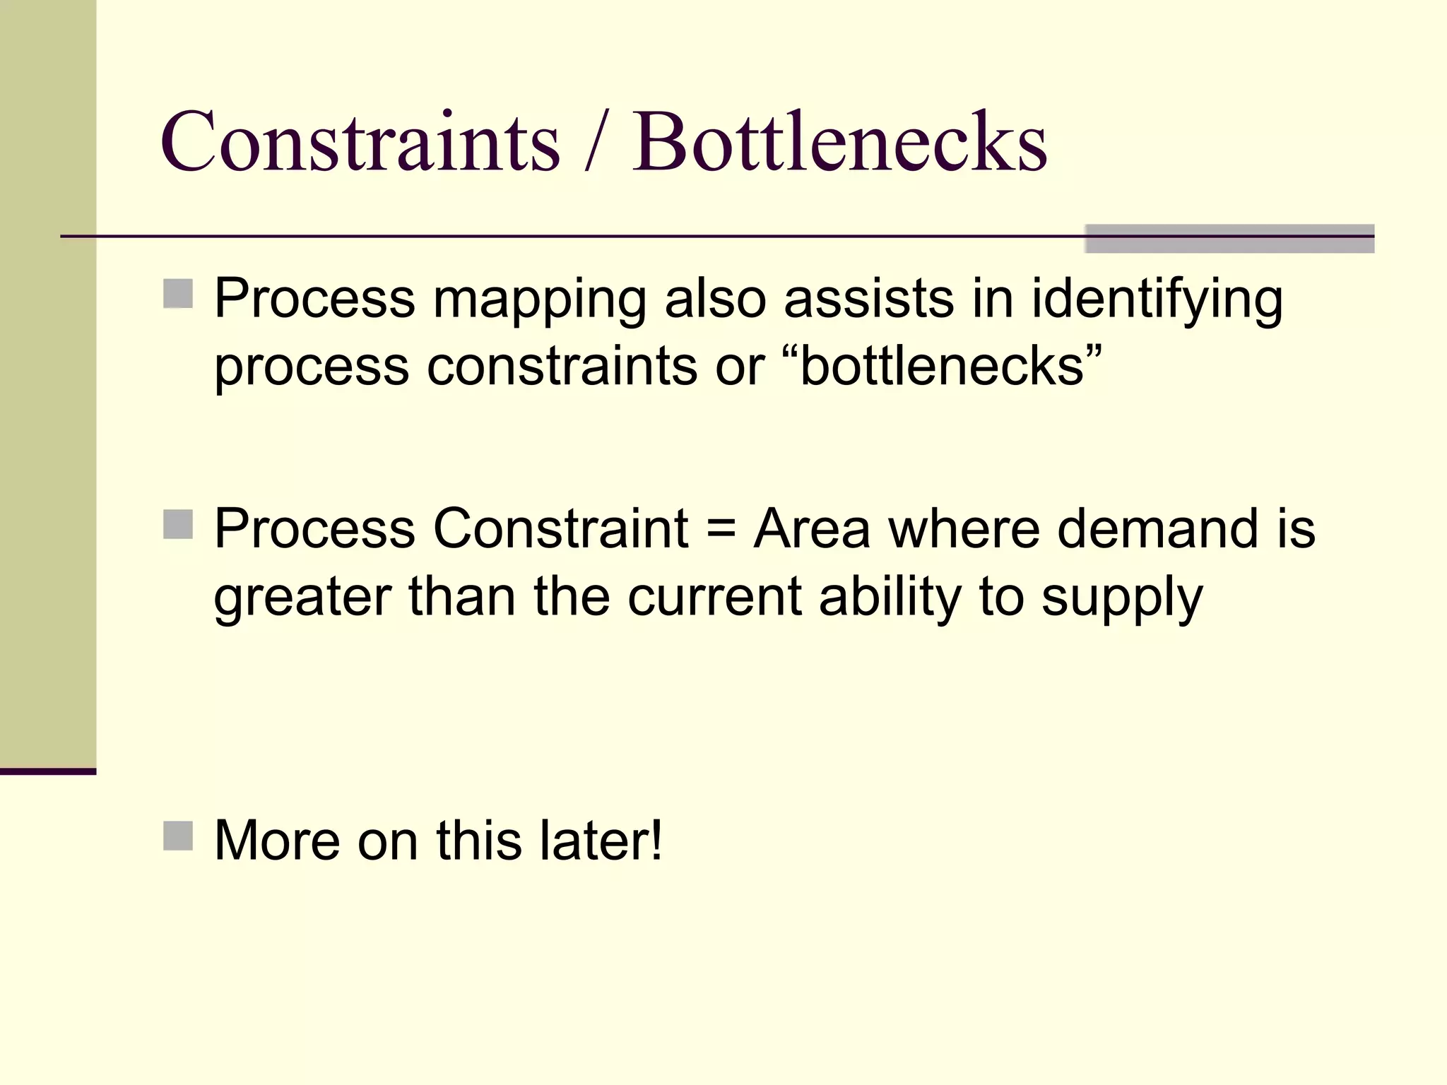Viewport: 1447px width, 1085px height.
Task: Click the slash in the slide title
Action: tap(596, 143)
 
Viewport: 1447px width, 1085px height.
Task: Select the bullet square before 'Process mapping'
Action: tap(178, 294)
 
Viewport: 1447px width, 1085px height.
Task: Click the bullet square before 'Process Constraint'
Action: tap(178, 524)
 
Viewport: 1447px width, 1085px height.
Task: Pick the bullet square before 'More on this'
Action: tap(178, 836)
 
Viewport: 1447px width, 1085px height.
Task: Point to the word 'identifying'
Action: tap(1157, 300)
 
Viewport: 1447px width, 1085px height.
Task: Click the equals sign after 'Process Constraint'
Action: tap(721, 530)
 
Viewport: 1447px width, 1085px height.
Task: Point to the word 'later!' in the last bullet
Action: tap(601, 841)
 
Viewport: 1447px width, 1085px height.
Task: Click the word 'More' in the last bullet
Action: tap(277, 841)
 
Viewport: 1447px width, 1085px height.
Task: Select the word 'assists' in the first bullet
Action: tap(869, 299)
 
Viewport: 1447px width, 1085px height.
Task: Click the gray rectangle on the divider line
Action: tap(1229, 238)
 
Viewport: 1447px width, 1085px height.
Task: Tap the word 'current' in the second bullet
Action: tap(714, 598)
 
